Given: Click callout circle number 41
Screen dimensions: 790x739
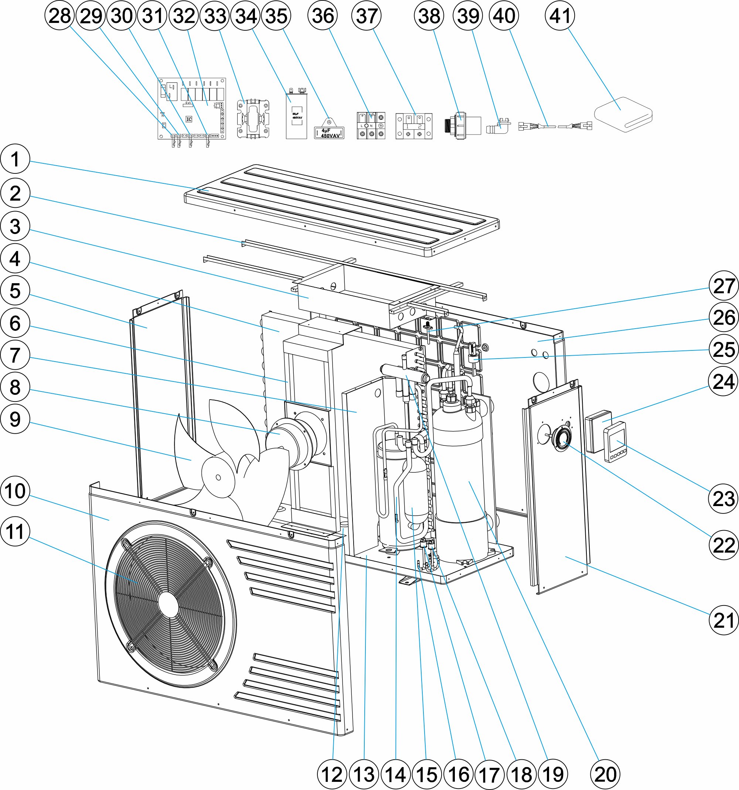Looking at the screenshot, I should pos(559,16).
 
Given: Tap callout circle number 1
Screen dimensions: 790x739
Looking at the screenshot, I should pos(15,159).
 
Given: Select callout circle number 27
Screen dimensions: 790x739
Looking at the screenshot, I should pos(723,286).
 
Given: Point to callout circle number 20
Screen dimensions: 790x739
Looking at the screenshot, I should pos(605,774).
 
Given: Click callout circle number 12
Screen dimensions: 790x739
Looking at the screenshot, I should pos(332,774).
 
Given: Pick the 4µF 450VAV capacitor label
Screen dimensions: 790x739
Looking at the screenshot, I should pos(329,133).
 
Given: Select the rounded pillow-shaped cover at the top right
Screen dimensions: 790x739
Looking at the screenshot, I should pos(623,115).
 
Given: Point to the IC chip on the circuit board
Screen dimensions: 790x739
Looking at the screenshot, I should pos(189,119).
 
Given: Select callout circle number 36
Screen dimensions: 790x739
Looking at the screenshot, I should pos(323,16).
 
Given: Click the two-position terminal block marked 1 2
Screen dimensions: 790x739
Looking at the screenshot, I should pos(414,126).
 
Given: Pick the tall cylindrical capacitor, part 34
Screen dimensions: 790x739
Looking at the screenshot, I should pos(296,115).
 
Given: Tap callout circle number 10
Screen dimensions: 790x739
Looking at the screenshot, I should pos(15,491).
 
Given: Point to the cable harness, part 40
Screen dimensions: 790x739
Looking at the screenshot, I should pos(555,126).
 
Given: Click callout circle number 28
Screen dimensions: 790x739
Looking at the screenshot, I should pos(59,16).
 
